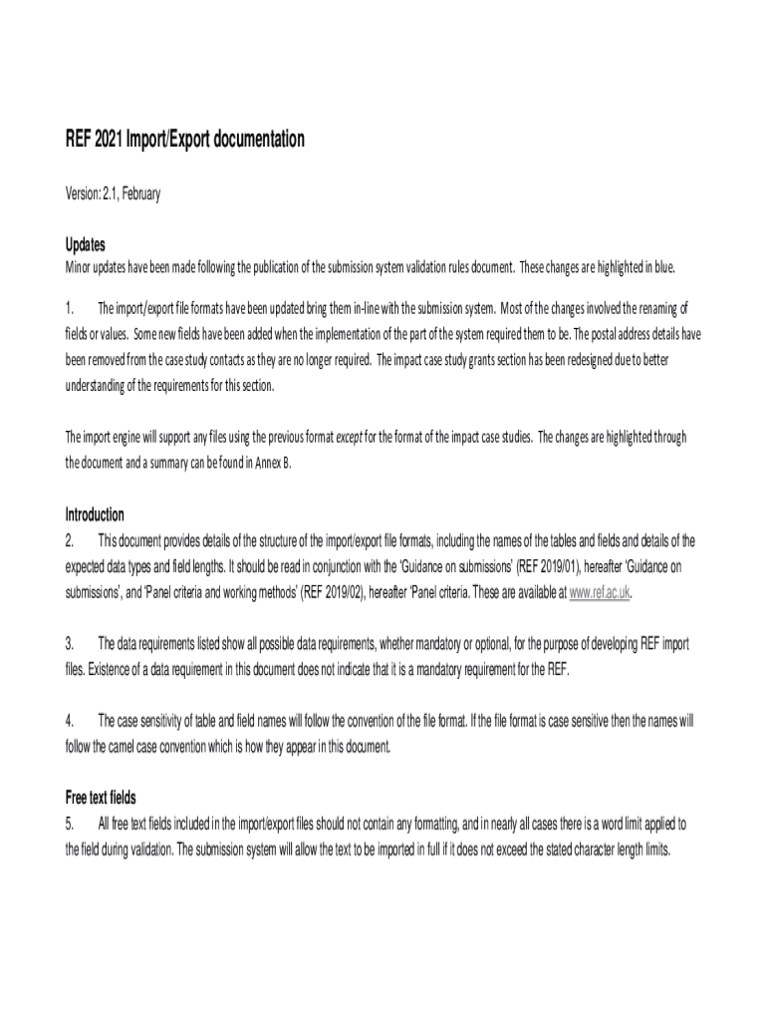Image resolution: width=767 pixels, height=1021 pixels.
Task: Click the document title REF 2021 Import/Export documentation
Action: click(x=184, y=141)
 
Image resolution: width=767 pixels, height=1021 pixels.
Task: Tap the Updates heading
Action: click(x=86, y=245)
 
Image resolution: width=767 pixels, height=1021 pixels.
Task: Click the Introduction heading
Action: click(x=95, y=515)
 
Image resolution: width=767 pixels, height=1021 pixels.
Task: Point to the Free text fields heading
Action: click(x=101, y=798)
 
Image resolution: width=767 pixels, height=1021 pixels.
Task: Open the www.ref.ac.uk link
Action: click(x=599, y=593)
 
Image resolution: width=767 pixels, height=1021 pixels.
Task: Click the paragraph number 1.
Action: click(x=70, y=306)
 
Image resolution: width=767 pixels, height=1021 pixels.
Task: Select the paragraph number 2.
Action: click(x=70, y=541)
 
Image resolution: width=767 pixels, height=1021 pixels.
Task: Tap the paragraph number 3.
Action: click(x=70, y=644)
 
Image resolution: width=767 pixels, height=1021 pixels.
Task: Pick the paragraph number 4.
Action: click(x=70, y=721)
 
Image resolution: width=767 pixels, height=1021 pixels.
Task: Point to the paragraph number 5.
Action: click(x=70, y=824)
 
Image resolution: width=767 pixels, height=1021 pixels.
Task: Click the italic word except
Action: click(x=348, y=437)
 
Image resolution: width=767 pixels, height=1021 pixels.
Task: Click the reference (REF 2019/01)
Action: click(x=551, y=567)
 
